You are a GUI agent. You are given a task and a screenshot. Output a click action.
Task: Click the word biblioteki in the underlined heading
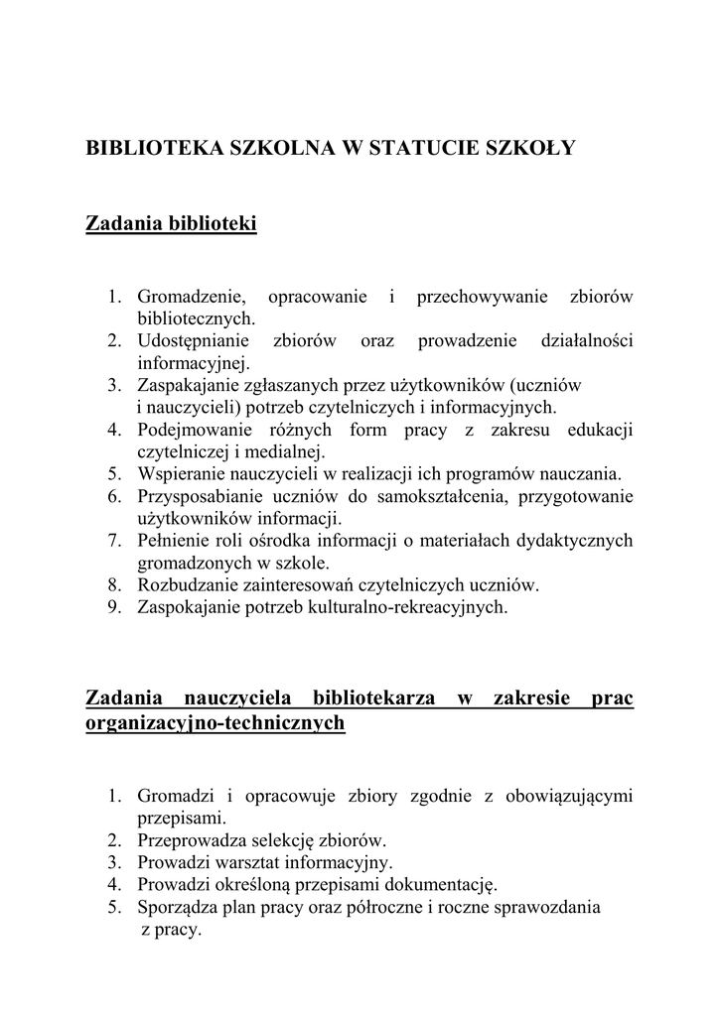click(215, 224)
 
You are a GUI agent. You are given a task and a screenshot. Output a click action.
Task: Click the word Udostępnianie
click(195, 341)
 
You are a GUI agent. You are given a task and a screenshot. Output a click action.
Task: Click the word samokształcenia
click(435, 496)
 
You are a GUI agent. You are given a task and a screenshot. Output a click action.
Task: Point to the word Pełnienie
click(173, 541)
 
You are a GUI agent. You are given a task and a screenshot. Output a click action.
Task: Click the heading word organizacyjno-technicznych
click(216, 723)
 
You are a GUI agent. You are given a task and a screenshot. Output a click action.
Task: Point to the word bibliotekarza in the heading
click(373, 698)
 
